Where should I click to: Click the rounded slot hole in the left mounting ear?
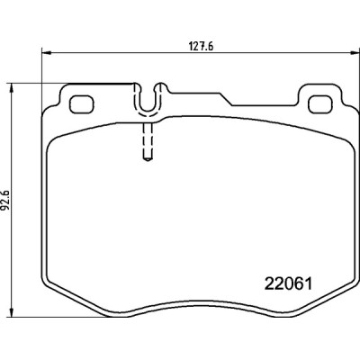pos(84,103)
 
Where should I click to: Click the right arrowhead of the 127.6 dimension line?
pos(346,51)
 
